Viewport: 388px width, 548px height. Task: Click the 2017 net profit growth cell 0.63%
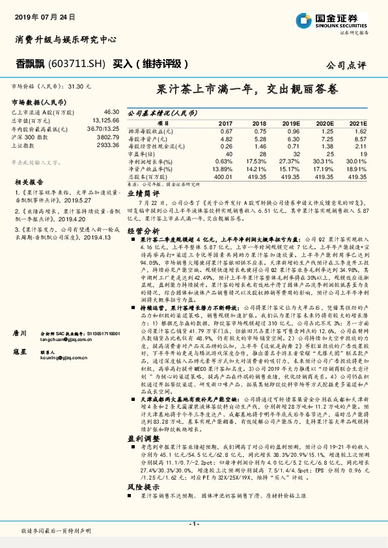(223, 161)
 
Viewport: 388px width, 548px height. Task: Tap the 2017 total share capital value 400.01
(223, 176)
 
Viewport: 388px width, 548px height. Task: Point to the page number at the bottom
(193, 524)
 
